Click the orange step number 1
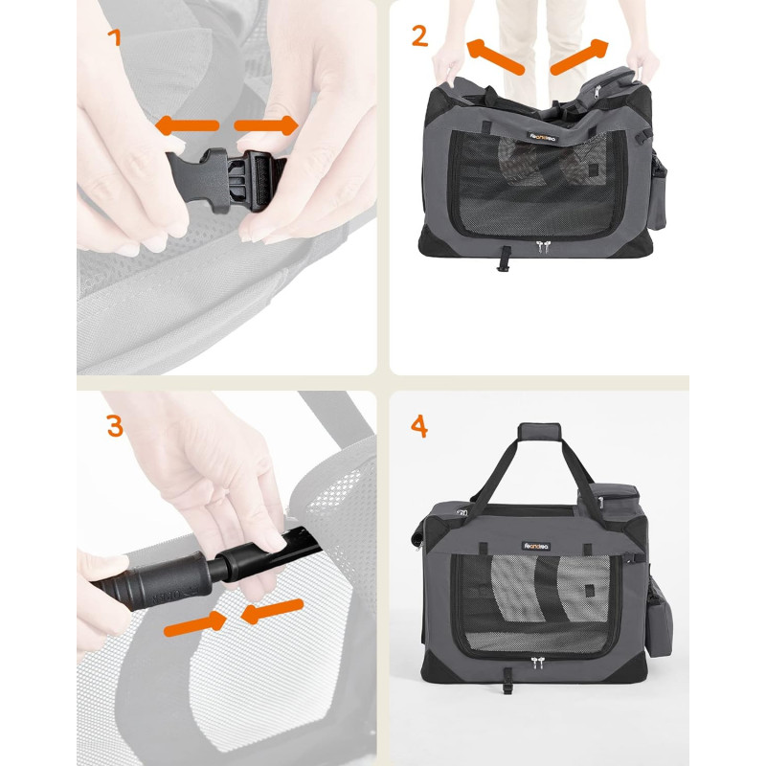pyautogui.click(x=115, y=37)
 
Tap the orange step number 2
pyautogui.click(x=419, y=36)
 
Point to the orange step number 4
pyautogui.click(x=419, y=426)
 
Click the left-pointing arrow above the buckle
pyautogui.click(x=187, y=125)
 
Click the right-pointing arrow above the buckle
pyautogui.click(x=266, y=125)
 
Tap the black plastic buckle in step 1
pyautogui.click(x=226, y=180)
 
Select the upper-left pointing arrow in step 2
pyautogui.click(x=495, y=56)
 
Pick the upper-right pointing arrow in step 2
pyautogui.click(x=579, y=56)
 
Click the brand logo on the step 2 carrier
pyautogui.click(x=542, y=138)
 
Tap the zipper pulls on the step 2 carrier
pyautogui.click(x=542, y=246)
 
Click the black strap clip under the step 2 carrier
pyautogui.click(x=502, y=259)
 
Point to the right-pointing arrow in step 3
pyautogui.click(x=195, y=625)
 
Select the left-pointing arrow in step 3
pyautogui.click(x=272, y=611)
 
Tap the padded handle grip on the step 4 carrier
pyautogui.click(x=539, y=432)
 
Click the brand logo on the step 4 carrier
pyautogui.click(x=536, y=546)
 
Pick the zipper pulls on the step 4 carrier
pyautogui.click(x=537, y=663)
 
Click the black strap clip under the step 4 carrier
pyautogui.click(x=508, y=682)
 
